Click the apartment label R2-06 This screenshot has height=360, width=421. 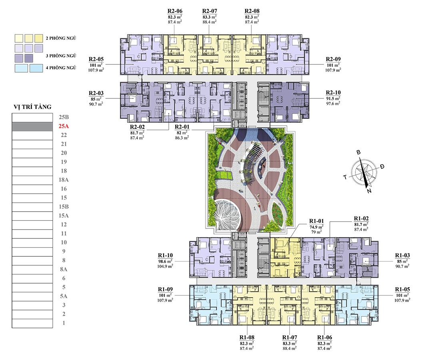click(175, 11)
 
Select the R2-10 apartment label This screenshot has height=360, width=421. click(333, 93)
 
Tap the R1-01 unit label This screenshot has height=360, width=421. click(317, 221)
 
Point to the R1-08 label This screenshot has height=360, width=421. click(247, 338)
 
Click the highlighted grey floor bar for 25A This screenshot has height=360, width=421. click(32, 126)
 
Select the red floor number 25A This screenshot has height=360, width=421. click(64, 126)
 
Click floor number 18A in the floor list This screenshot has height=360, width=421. click(64, 180)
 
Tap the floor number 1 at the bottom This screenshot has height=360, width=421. click(64, 323)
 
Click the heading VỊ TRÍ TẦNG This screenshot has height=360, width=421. click(32, 107)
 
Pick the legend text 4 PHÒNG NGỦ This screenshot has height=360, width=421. click(61, 68)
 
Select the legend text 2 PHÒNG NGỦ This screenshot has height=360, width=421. click(61, 38)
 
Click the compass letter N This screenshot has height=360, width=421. click(369, 191)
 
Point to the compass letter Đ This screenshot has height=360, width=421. click(382, 166)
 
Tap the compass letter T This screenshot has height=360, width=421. click(345, 177)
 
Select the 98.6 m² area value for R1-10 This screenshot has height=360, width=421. click(165, 261)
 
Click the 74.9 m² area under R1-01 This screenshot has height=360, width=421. click(317, 227)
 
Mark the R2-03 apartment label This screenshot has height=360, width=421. click(96, 93)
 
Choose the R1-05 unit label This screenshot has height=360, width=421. click(403, 289)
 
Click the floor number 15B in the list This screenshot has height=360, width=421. click(64, 206)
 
